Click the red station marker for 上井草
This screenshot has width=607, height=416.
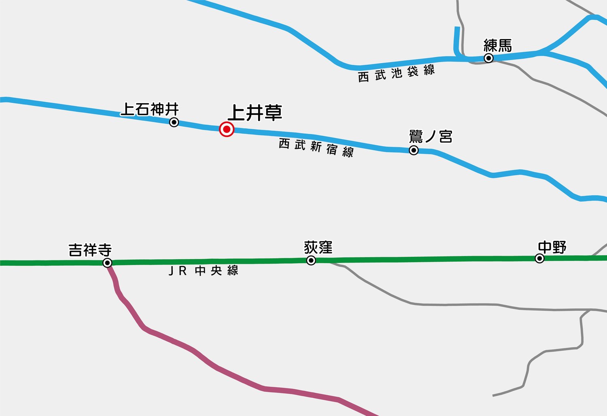coord(227,129)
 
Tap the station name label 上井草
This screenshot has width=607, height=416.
coord(255,113)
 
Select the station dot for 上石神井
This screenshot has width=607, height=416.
coord(174,122)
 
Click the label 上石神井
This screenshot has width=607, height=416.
coord(150,109)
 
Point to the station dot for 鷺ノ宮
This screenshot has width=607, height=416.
coord(414,151)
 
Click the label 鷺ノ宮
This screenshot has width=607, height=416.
coord(431,137)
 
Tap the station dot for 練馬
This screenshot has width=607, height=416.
coord(489,58)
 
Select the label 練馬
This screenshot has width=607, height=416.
coord(498,45)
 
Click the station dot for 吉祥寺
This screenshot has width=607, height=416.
coord(107,263)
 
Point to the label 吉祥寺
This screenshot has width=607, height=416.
coord(90,250)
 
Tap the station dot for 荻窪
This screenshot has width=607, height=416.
coord(311,260)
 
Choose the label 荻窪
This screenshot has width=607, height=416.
coord(318,247)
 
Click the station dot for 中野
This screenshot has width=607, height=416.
coord(539,258)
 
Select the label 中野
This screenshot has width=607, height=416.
coord(552,247)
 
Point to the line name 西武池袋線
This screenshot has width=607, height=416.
coord(396,73)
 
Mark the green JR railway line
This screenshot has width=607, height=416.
coord(425,259)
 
